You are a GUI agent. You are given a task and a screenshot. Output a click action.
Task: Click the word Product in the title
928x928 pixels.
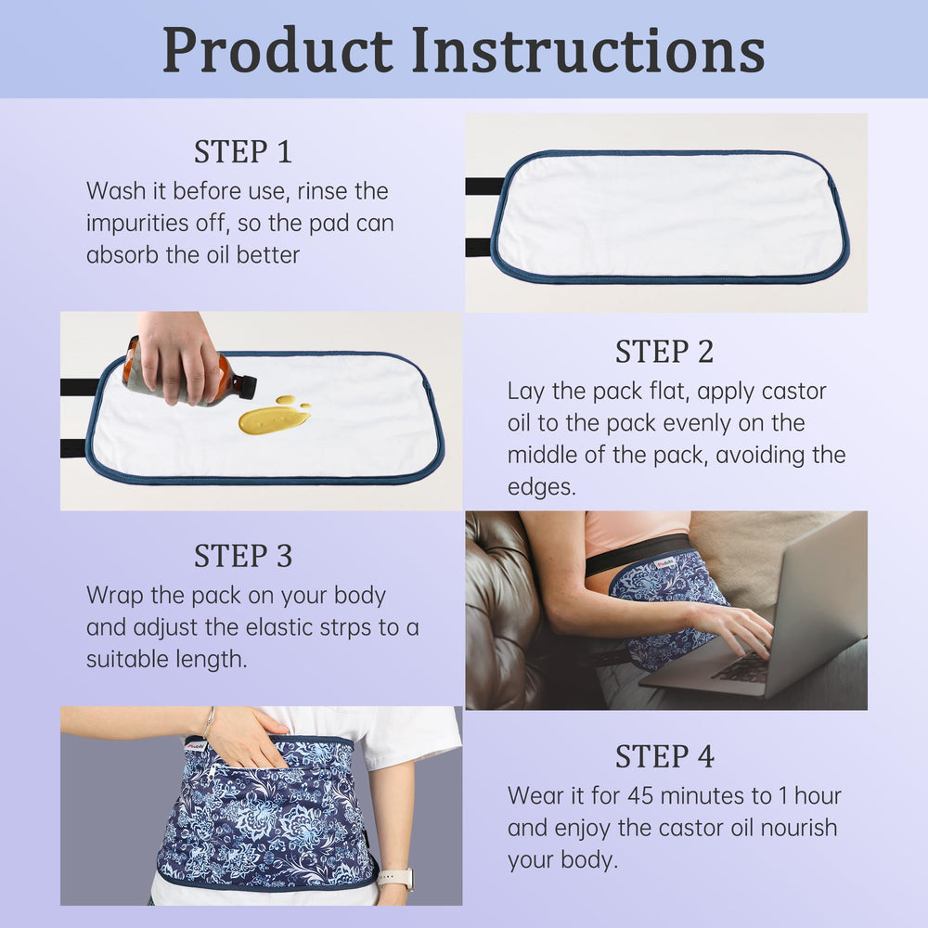pyautogui.click(x=277, y=51)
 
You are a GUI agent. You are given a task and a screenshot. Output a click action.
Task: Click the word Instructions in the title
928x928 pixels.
pyautogui.click(x=588, y=51)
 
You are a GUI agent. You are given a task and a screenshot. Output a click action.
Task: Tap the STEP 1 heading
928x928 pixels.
pyautogui.click(x=243, y=151)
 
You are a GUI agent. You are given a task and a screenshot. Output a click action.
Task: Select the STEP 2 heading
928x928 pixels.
pyautogui.click(x=664, y=352)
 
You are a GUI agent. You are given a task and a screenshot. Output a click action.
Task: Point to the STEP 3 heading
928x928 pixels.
pyautogui.click(x=243, y=556)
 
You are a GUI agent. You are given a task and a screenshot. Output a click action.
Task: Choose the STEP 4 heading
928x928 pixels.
pyautogui.click(x=664, y=756)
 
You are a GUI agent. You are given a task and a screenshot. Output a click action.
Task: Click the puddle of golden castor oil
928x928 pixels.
pyautogui.click(x=273, y=419)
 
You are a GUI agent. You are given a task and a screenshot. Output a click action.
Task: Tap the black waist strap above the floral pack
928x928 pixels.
pyautogui.click(x=640, y=553)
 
